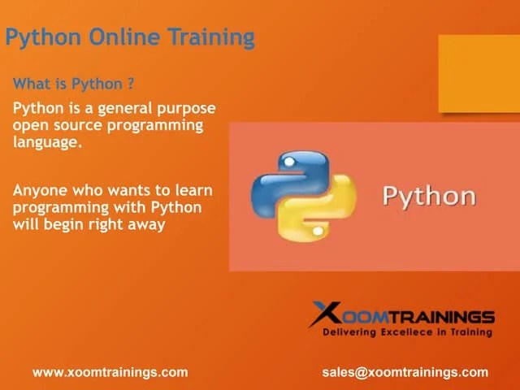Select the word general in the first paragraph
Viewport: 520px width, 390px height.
[x=123, y=108]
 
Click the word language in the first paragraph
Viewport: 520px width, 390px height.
[x=46, y=142]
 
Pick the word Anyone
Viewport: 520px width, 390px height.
[x=41, y=190]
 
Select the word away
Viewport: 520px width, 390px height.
[x=146, y=225]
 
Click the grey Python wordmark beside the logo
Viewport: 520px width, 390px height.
[x=428, y=197]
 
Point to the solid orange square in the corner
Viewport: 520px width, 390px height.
[x=479, y=73]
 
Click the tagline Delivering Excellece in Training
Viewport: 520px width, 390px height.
[x=407, y=332]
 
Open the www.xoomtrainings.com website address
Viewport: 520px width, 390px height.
[x=110, y=372]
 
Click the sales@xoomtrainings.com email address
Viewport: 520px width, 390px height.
[x=405, y=372]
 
